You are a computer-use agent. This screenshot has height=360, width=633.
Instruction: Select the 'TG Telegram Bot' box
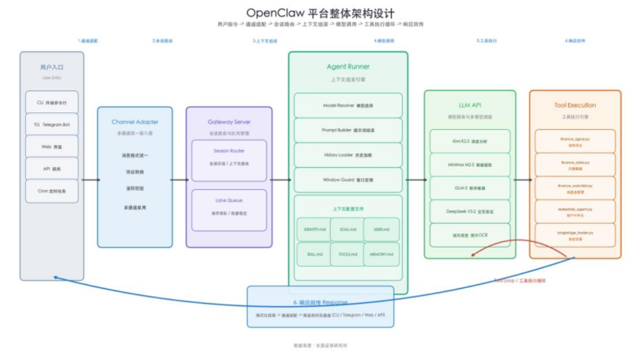(x=51, y=124)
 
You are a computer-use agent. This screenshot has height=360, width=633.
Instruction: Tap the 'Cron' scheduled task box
(x=51, y=191)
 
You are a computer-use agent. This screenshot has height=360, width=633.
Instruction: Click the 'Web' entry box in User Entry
(x=51, y=146)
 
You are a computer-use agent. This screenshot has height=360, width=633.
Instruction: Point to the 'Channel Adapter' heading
(x=135, y=122)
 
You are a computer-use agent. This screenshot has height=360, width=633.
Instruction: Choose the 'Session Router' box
(x=229, y=160)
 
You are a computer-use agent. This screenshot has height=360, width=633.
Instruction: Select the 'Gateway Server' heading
(x=229, y=122)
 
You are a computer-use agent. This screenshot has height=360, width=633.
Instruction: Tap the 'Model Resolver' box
(x=348, y=105)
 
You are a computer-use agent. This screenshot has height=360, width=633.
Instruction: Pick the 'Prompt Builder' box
(x=348, y=130)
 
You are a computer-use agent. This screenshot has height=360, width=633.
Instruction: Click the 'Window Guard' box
(x=348, y=180)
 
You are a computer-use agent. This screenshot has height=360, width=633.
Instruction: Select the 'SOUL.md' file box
(x=348, y=229)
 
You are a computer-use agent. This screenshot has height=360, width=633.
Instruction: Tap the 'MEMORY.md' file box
(x=381, y=254)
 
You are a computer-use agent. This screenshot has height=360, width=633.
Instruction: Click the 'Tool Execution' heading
(x=575, y=104)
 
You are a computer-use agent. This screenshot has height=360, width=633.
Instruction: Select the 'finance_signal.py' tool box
(x=575, y=141)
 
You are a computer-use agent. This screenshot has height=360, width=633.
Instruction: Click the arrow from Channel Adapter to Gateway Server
(x=179, y=180)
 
